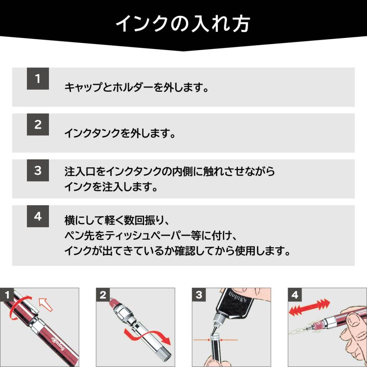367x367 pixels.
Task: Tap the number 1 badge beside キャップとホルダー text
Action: tap(38, 79)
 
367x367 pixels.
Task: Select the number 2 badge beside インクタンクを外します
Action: tap(38, 124)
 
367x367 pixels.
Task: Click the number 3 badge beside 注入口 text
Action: tap(38, 170)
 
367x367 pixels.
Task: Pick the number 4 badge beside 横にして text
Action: tap(38, 216)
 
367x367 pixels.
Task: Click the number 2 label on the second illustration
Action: tap(103, 295)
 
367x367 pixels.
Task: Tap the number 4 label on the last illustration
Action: tap(295, 295)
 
